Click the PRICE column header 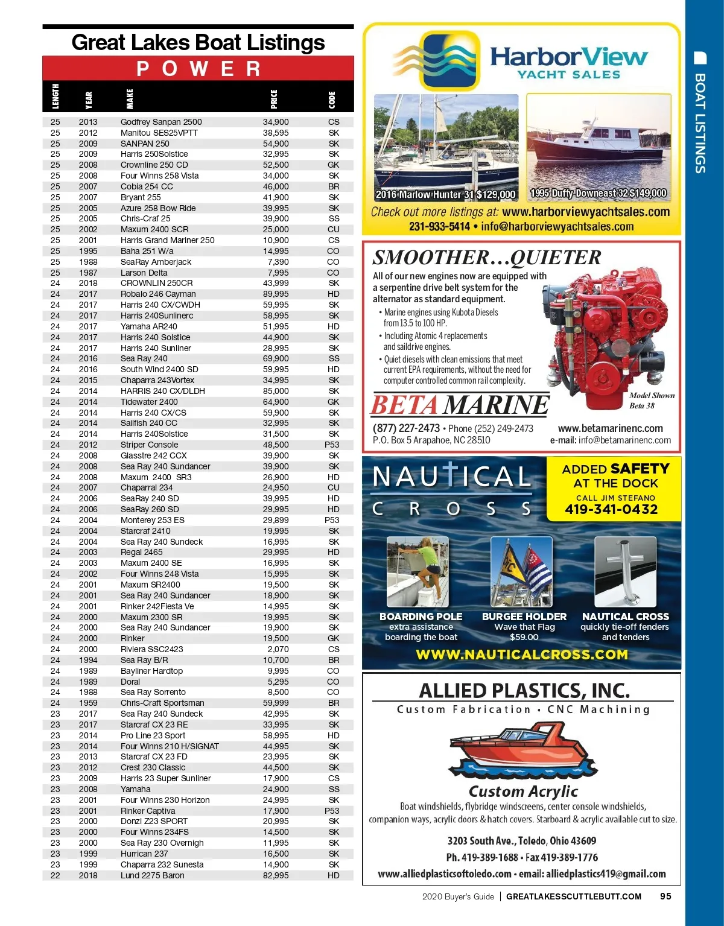(274, 99)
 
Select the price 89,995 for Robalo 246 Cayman (276, 294)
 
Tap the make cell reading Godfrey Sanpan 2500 (161, 122)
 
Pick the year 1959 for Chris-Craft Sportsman (87, 703)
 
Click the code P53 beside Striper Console (332, 445)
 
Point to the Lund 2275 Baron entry (152, 875)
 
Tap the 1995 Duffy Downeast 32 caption (598, 194)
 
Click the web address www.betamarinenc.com (610, 428)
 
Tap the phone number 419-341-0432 (611, 509)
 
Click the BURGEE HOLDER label (524, 617)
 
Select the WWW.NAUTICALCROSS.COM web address (522, 655)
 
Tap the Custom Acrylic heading (523, 791)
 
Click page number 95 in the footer (665, 896)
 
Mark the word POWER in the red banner (198, 69)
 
